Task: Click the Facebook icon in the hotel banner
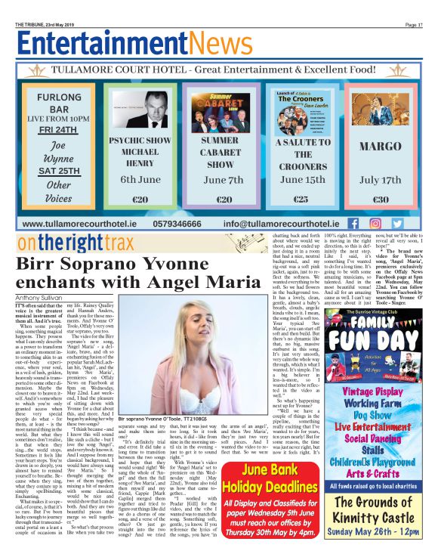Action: pos(353,224)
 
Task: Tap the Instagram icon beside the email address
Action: pos(375,224)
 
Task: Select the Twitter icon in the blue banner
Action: pos(397,224)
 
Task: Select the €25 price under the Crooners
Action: pos(300,200)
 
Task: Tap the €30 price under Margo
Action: pos(380,200)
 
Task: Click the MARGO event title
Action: pos(380,146)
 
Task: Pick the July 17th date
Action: pos(380,180)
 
